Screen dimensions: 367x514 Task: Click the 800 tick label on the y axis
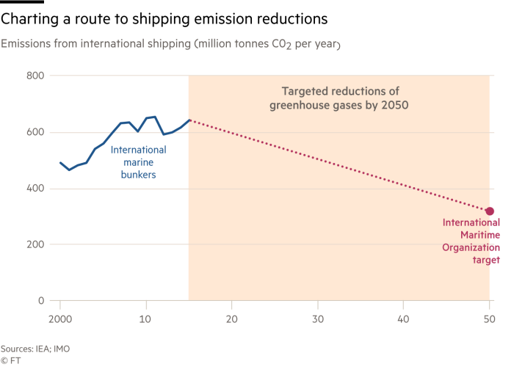(x=36, y=76)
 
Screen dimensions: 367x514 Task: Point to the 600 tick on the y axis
(x=36, y=132)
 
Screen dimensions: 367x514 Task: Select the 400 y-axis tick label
(x=36, y=189)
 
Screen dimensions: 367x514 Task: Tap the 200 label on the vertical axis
(x=36, y=244)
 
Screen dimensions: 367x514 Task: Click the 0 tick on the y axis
(x=43, y=301)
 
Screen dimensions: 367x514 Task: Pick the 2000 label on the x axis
(x=60, y=320)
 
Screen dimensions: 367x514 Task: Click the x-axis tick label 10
(x=146, y=320)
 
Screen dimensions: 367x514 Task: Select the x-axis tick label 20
(x=232, y=320)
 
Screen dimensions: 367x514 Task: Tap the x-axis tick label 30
(x=318, y=320)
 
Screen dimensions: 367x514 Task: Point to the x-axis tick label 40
(x=404, y=320)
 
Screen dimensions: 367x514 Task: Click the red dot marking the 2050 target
(x=490, y=211)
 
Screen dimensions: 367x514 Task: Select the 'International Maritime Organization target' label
(x=471, y=241)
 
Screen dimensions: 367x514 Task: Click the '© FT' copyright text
(x=10, y=360)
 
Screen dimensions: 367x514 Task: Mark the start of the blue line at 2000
(x=60, y=162)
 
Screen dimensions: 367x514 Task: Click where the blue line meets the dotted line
(x=189, y=120)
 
